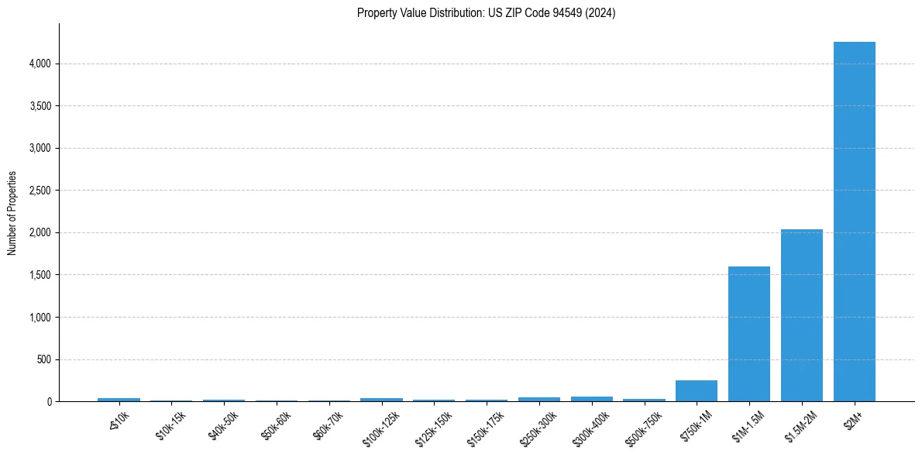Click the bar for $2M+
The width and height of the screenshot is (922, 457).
(x=854, y=222)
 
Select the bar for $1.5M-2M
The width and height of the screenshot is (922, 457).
(x=801, y=315)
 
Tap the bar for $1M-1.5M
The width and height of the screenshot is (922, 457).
(x=749, y=334)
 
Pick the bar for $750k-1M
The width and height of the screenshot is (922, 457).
(x=697, y=391)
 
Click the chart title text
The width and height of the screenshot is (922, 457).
(x=486, y=13)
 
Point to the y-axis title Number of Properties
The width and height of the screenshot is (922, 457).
(x=12, y=213)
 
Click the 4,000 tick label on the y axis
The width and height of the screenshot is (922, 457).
(x=40, y=64)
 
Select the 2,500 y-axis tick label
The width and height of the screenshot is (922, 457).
(x=40, y=191)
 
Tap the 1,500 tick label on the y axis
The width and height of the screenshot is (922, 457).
(x=40, y=275)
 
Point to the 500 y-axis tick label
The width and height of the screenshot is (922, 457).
(x=44, y=359)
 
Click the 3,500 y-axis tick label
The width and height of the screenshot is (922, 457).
(x=40, y=106)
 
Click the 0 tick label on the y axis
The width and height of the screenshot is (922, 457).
(x=50, y=402)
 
